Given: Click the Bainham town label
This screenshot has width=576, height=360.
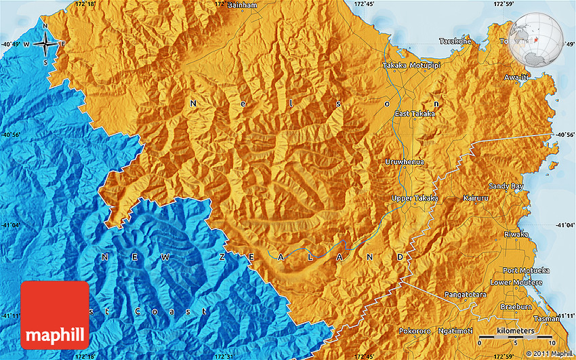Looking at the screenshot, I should point(243,5).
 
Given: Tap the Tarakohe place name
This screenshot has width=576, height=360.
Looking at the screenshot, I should point(455,41).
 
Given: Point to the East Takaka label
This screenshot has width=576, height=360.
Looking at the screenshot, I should point(415,114).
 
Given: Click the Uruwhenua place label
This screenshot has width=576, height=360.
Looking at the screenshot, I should point(404,162).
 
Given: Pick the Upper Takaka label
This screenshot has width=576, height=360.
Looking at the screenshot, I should point(415,198).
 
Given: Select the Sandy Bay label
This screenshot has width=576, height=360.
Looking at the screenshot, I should point(506,186).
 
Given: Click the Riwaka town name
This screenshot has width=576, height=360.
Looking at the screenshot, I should point(514,234).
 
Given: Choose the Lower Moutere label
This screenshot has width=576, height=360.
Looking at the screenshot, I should point(516,282).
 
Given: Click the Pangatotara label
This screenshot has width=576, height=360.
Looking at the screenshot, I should point(466,295).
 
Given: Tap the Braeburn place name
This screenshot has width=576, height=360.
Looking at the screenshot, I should point(516,306).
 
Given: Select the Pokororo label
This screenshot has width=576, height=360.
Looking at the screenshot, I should point(414,331).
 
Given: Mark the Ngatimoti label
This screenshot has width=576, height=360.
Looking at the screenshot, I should point(455,331).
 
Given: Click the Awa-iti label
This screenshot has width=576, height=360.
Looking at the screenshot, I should point(515,77).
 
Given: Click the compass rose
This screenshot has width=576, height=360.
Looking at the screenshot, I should point(45,44).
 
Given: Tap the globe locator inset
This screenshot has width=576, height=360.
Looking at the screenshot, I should point(536,39).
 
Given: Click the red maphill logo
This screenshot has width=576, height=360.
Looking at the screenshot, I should point(55,315).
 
